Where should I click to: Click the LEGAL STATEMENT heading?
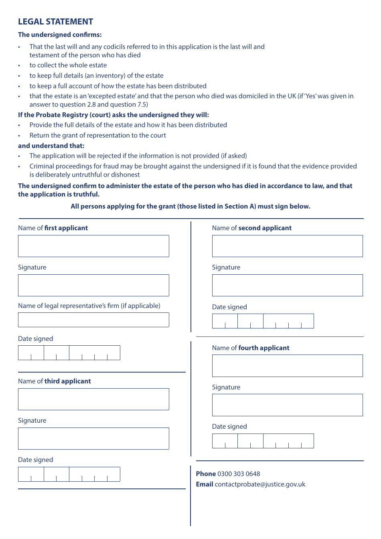[55, 22]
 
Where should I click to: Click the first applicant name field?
[93, 246]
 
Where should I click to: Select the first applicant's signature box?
[93, 285]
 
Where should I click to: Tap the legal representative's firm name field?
[93, 320]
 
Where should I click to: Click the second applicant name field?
[287, 246]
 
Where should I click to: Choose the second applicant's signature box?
[287, 285]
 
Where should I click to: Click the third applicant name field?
[93, 399]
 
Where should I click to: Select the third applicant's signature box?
[93, 438]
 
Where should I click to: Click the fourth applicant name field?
[287, 366]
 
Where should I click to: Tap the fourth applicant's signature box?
[287, 405]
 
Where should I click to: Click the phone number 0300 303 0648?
[239, 474]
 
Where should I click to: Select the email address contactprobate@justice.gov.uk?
[260, 484]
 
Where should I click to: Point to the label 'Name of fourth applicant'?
[251, 348]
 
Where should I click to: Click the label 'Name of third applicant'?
[55, 381]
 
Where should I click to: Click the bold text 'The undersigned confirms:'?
[60, 34]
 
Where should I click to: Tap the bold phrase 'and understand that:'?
[51, 146]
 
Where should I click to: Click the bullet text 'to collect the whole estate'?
[68, 65]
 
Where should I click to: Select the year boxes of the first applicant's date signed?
[95, 353]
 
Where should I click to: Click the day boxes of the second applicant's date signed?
[225, 321]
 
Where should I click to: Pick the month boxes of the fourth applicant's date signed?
[250, 441]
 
